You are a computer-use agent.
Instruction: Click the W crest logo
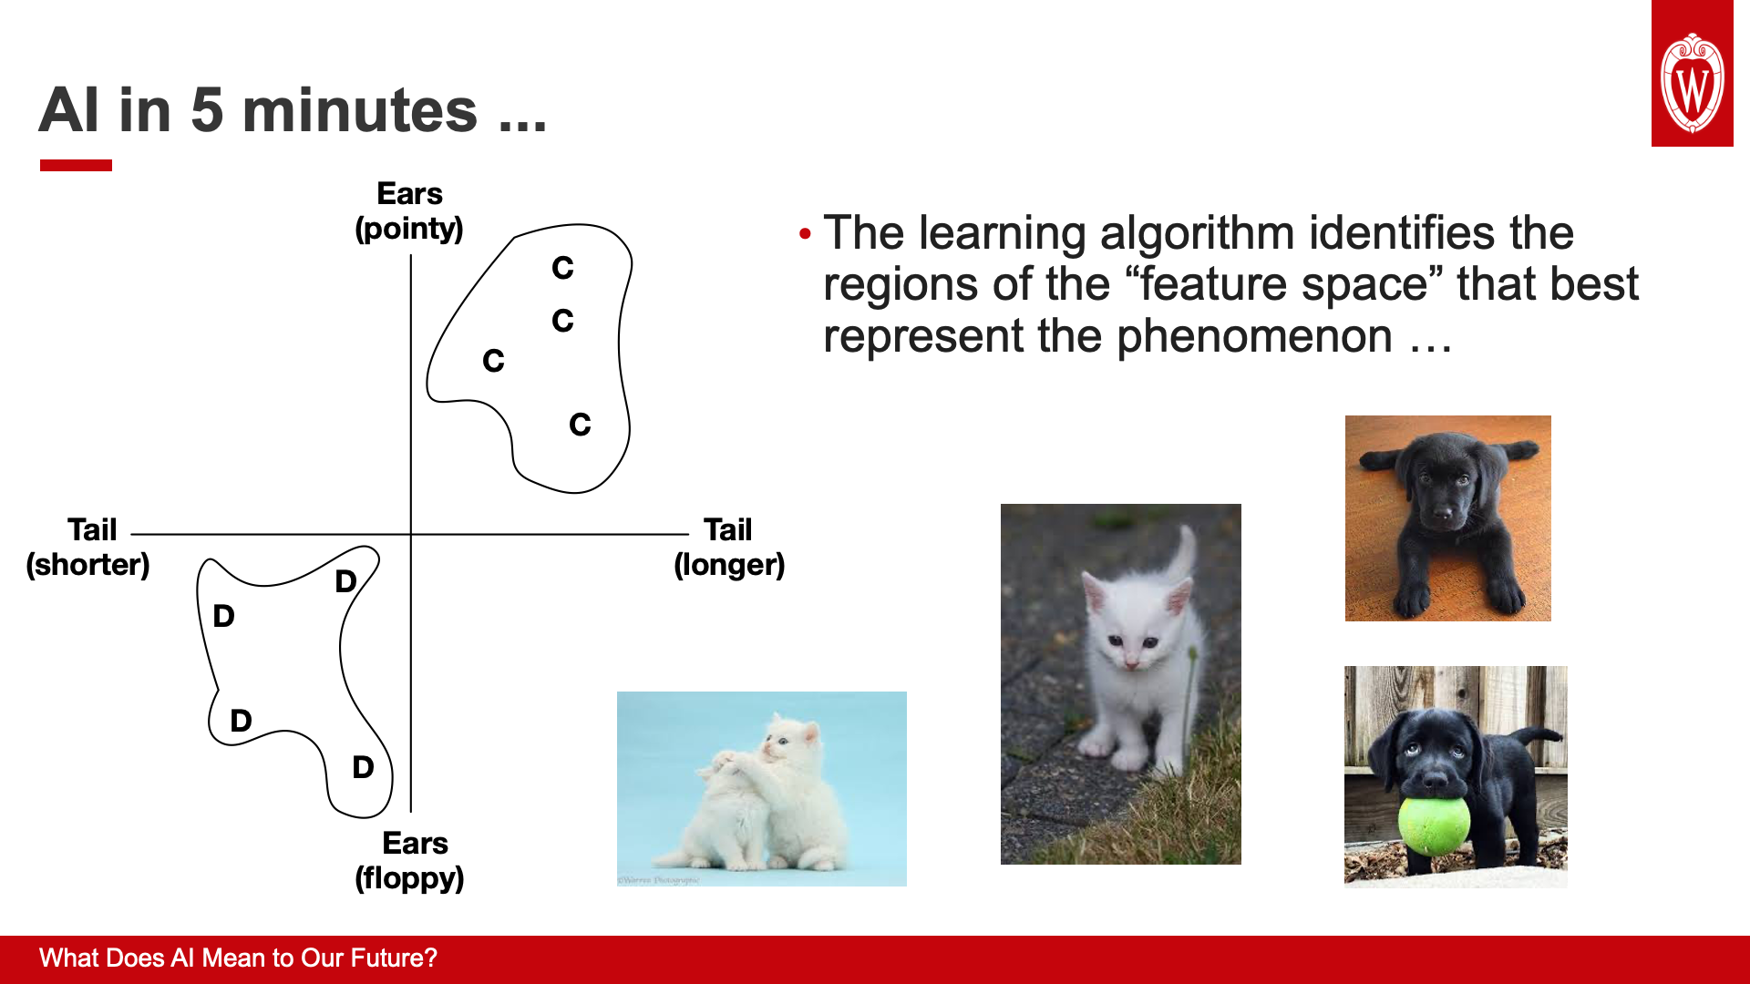1693,84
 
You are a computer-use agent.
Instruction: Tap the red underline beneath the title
76,165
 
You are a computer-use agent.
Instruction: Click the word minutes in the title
360,110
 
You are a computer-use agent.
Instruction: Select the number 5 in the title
207,110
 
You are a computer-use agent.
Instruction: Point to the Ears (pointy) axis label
409,210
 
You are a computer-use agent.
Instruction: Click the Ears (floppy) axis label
410,860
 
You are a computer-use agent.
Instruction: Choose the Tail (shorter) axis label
88,547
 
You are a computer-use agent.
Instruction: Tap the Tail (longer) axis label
729,547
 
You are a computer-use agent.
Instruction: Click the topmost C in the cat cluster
562,268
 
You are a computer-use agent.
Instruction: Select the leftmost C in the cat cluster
493,361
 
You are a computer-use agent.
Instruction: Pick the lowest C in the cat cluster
580,425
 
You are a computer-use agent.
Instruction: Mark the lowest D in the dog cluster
363,767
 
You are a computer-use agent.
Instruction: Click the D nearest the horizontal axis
345,581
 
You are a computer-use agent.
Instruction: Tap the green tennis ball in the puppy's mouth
1435,825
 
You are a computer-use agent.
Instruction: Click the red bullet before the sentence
804,234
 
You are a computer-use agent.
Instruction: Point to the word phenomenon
1254,336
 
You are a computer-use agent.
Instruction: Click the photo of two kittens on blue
762,789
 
